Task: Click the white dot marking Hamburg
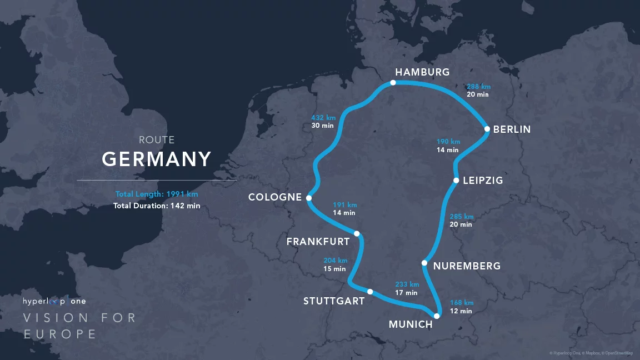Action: [x=393, y=83]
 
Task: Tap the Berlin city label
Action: [x=512, y=129]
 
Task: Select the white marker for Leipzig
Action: [x=456, y=181]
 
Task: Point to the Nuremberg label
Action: [x=467, y=266]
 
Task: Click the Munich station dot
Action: [x=437, y=316]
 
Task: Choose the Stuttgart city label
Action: [x=334, y=301]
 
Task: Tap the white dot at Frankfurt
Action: [x=357, y=234]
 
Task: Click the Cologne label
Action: [x=275, y=197]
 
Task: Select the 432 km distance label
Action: [x=323, y=117]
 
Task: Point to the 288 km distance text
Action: [x=478, y=87]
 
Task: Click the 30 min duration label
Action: [x=322, y=126]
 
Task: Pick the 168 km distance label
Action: [x=461, y=303]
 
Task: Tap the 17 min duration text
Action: [x=406, y=293]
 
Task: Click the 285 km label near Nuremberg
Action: [x=461, y=216]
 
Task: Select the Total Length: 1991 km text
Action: [x=157, y=194]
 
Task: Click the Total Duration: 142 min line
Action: [x=157, y=206]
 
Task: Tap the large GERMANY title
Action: [x=157, y=159]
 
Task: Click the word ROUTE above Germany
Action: [x=157, y=140]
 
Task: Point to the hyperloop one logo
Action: [x=54, y=302]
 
